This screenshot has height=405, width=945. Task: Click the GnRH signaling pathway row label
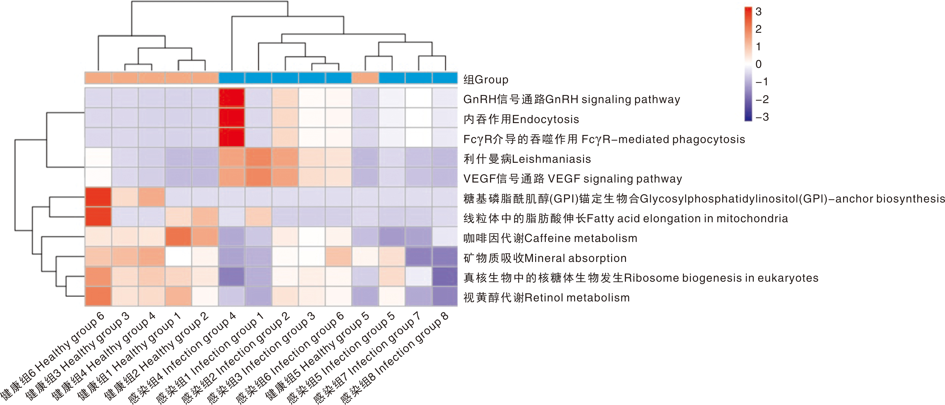[571, 99]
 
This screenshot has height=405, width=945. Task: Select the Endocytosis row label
[521, 119]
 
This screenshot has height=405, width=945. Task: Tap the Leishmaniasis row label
[527, 159]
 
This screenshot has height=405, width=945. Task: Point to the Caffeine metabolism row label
[550, 238]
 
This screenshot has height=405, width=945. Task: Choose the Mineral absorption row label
[545, 258]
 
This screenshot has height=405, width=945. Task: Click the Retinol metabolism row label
[546, 297]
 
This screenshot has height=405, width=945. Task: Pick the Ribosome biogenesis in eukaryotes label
[641, 278]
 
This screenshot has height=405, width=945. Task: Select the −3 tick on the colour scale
[762, 117]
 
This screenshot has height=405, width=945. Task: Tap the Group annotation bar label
[486, 80]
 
